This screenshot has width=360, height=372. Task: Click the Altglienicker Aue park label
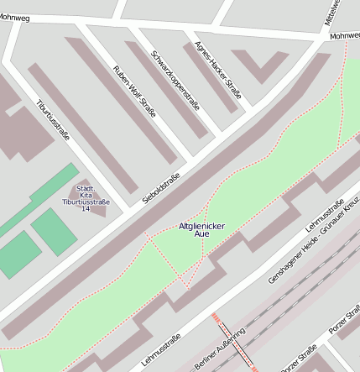coord(202,230)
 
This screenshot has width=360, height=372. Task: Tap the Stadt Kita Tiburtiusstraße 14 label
coord(86,198)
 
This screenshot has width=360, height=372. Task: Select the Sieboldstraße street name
coord(161,188)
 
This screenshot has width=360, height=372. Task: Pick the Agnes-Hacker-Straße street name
coord(217,70)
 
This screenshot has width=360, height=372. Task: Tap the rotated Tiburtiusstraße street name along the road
coord(53,118)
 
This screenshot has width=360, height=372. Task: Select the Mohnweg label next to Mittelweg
coord(344,36)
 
